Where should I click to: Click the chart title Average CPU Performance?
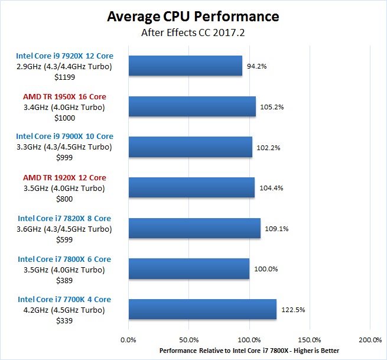pyautogui.click(x=193, y=16)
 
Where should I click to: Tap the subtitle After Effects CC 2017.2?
pyautogui.click(x=193, y=33)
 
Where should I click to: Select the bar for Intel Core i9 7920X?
pyautogui.click(x=185, y=66)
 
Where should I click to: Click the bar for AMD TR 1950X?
pyautogui.click(x=191, y=106)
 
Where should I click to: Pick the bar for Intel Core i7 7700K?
pyautogui.click(x=202, y=309)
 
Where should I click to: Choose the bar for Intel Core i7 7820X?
pyautogui.click(x=194, y=228)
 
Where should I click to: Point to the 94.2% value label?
pyautogui.click(x=257, y=66)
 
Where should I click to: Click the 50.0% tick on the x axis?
pyautogui.click(x=188, y=340)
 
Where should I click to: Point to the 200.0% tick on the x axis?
pyautogui.click(x=370, y=340)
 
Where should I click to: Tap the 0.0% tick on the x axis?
pyautogui.click(x=128, y=340)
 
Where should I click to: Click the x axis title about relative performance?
pyautogui.click(x=249, y=351)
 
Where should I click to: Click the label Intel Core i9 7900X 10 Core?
pyautogui.click(x=64, y=137)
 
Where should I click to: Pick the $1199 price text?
pyautogui.click(x=64, y=77)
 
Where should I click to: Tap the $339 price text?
pyautogui.click(x=64, y=320)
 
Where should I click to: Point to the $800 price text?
pyautogui.click(x=64, y=198)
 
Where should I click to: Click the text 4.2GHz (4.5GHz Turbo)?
pyautogui.click(x=64, y=310)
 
